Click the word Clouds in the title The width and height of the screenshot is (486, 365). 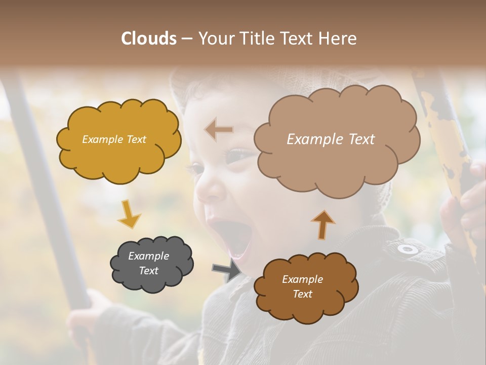point(148,39)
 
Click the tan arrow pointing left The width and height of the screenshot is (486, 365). point(219,130)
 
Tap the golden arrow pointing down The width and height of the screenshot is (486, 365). point(129,214)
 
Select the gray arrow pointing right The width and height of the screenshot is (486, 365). point(226,269)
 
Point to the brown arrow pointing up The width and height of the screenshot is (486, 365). point(322,224)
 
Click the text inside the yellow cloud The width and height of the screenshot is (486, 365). point(114,139)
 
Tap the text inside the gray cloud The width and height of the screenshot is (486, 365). point(149,263)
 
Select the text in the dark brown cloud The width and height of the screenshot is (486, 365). point(302,286)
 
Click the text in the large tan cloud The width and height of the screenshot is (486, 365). point(331,139)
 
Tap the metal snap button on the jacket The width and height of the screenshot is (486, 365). point(408,249)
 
